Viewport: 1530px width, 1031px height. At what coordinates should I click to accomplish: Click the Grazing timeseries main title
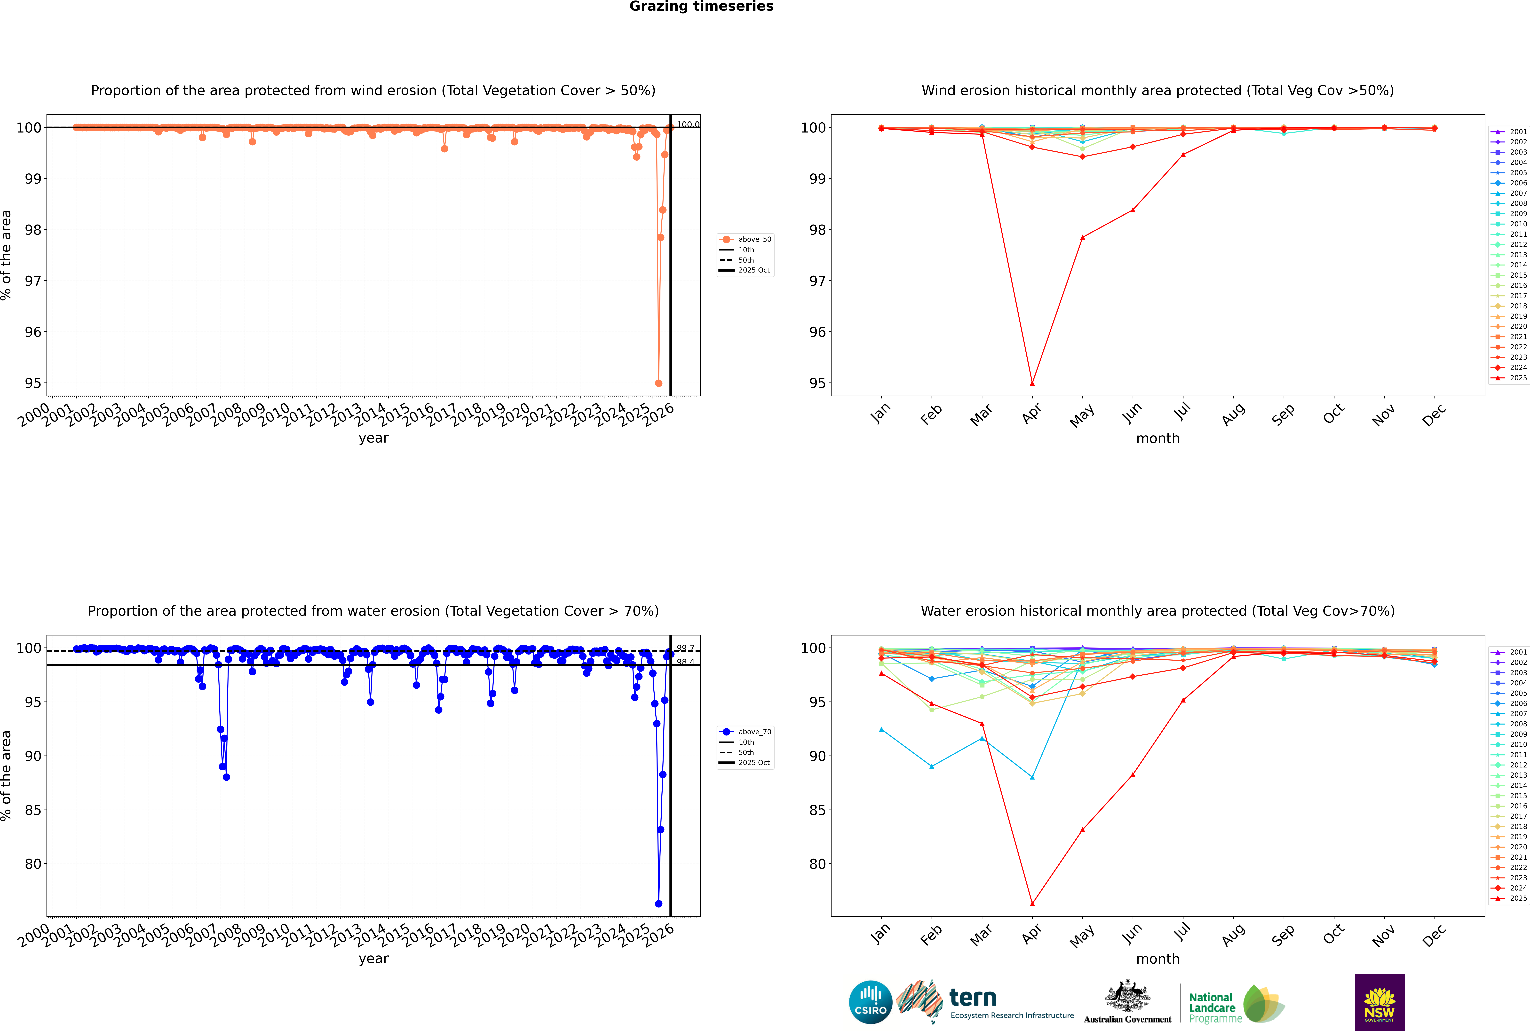tap(701, 7)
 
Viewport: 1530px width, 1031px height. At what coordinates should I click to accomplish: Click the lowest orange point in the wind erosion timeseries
tap(658, 383)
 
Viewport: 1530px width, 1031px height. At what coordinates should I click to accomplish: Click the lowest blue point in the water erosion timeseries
tap(658, 903)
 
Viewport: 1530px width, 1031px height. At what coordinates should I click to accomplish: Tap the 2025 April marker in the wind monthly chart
tap(1032, 383)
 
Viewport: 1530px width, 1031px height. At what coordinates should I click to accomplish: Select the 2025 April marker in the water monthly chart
tap(1032, 903)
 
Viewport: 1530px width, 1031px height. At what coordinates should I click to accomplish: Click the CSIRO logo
tap(870, 1002)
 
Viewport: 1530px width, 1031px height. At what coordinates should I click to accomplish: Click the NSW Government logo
tap(1379, 1002)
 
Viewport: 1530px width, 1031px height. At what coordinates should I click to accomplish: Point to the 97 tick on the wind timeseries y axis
tap(33, 281)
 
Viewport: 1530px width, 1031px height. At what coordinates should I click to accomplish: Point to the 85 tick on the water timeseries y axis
tap(33, 810)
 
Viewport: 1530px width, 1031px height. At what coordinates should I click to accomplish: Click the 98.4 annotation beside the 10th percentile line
tap(685, 662)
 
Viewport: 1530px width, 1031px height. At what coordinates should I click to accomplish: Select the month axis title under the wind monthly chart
tap(1158, 439)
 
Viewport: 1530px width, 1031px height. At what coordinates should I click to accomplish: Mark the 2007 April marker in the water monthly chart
tap(1032, 777)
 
